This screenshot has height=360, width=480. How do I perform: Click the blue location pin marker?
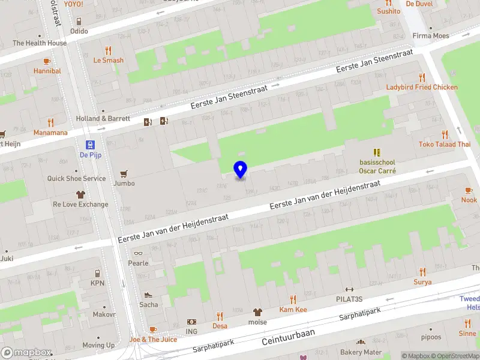tap(240, 170)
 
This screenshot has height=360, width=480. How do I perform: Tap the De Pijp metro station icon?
tap(90, 145)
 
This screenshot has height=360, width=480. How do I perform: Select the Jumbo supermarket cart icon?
tap(124, 174)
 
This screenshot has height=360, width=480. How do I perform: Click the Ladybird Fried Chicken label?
tap(421, 87)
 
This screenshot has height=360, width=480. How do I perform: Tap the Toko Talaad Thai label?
tap(444, 144)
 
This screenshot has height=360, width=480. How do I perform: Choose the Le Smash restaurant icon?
tap(108, 50)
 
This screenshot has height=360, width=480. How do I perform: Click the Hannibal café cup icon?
tap(47, 61)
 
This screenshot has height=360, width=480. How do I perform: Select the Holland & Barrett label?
tap(103, 119)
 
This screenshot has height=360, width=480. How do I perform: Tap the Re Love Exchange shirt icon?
tap(80, 194)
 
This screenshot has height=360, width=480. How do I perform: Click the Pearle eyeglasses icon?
tap(138, 253)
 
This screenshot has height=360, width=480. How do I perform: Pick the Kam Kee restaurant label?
tap(293, 310)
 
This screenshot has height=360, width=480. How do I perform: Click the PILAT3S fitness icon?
tap(349, 289)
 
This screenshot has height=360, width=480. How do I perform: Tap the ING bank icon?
tap(191, 322)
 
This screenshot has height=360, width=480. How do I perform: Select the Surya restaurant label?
tap(422, 282)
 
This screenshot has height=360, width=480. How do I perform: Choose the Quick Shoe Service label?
tap(77, 178)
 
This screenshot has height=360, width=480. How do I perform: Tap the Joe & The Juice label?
tap(154, 340)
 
